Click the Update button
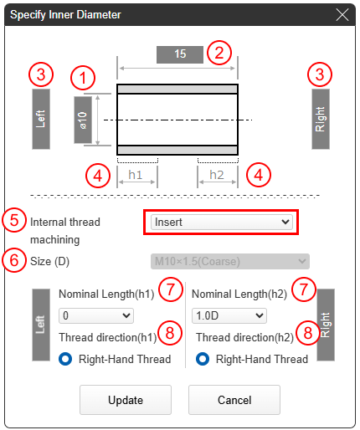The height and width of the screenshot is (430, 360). [126, 400]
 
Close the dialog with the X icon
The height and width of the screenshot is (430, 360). [342, 14]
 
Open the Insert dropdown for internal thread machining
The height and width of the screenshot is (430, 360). [222, 222]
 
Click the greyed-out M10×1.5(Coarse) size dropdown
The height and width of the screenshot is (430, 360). [230, 261]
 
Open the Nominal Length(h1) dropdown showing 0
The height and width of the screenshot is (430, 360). [96, 315]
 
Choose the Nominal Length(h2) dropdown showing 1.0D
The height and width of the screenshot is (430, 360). [229, 315]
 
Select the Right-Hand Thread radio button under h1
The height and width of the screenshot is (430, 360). [65, 359]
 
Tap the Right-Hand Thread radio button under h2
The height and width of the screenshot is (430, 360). [203, 359]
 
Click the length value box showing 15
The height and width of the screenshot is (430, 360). [180, 54]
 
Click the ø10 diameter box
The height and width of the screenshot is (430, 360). [83, 120]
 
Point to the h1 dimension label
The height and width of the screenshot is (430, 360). [136, 175]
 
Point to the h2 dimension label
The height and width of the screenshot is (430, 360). [217, 175]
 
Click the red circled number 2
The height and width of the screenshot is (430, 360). [219, 53]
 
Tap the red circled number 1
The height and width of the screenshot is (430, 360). [83, 78]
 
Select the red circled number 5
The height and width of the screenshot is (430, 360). [14, 220]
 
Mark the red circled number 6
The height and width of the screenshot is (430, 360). [14, 260]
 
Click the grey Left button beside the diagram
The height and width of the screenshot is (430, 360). [41, 119]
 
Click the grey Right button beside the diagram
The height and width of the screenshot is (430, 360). [321, 119]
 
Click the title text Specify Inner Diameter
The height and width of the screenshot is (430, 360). [65, 14]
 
